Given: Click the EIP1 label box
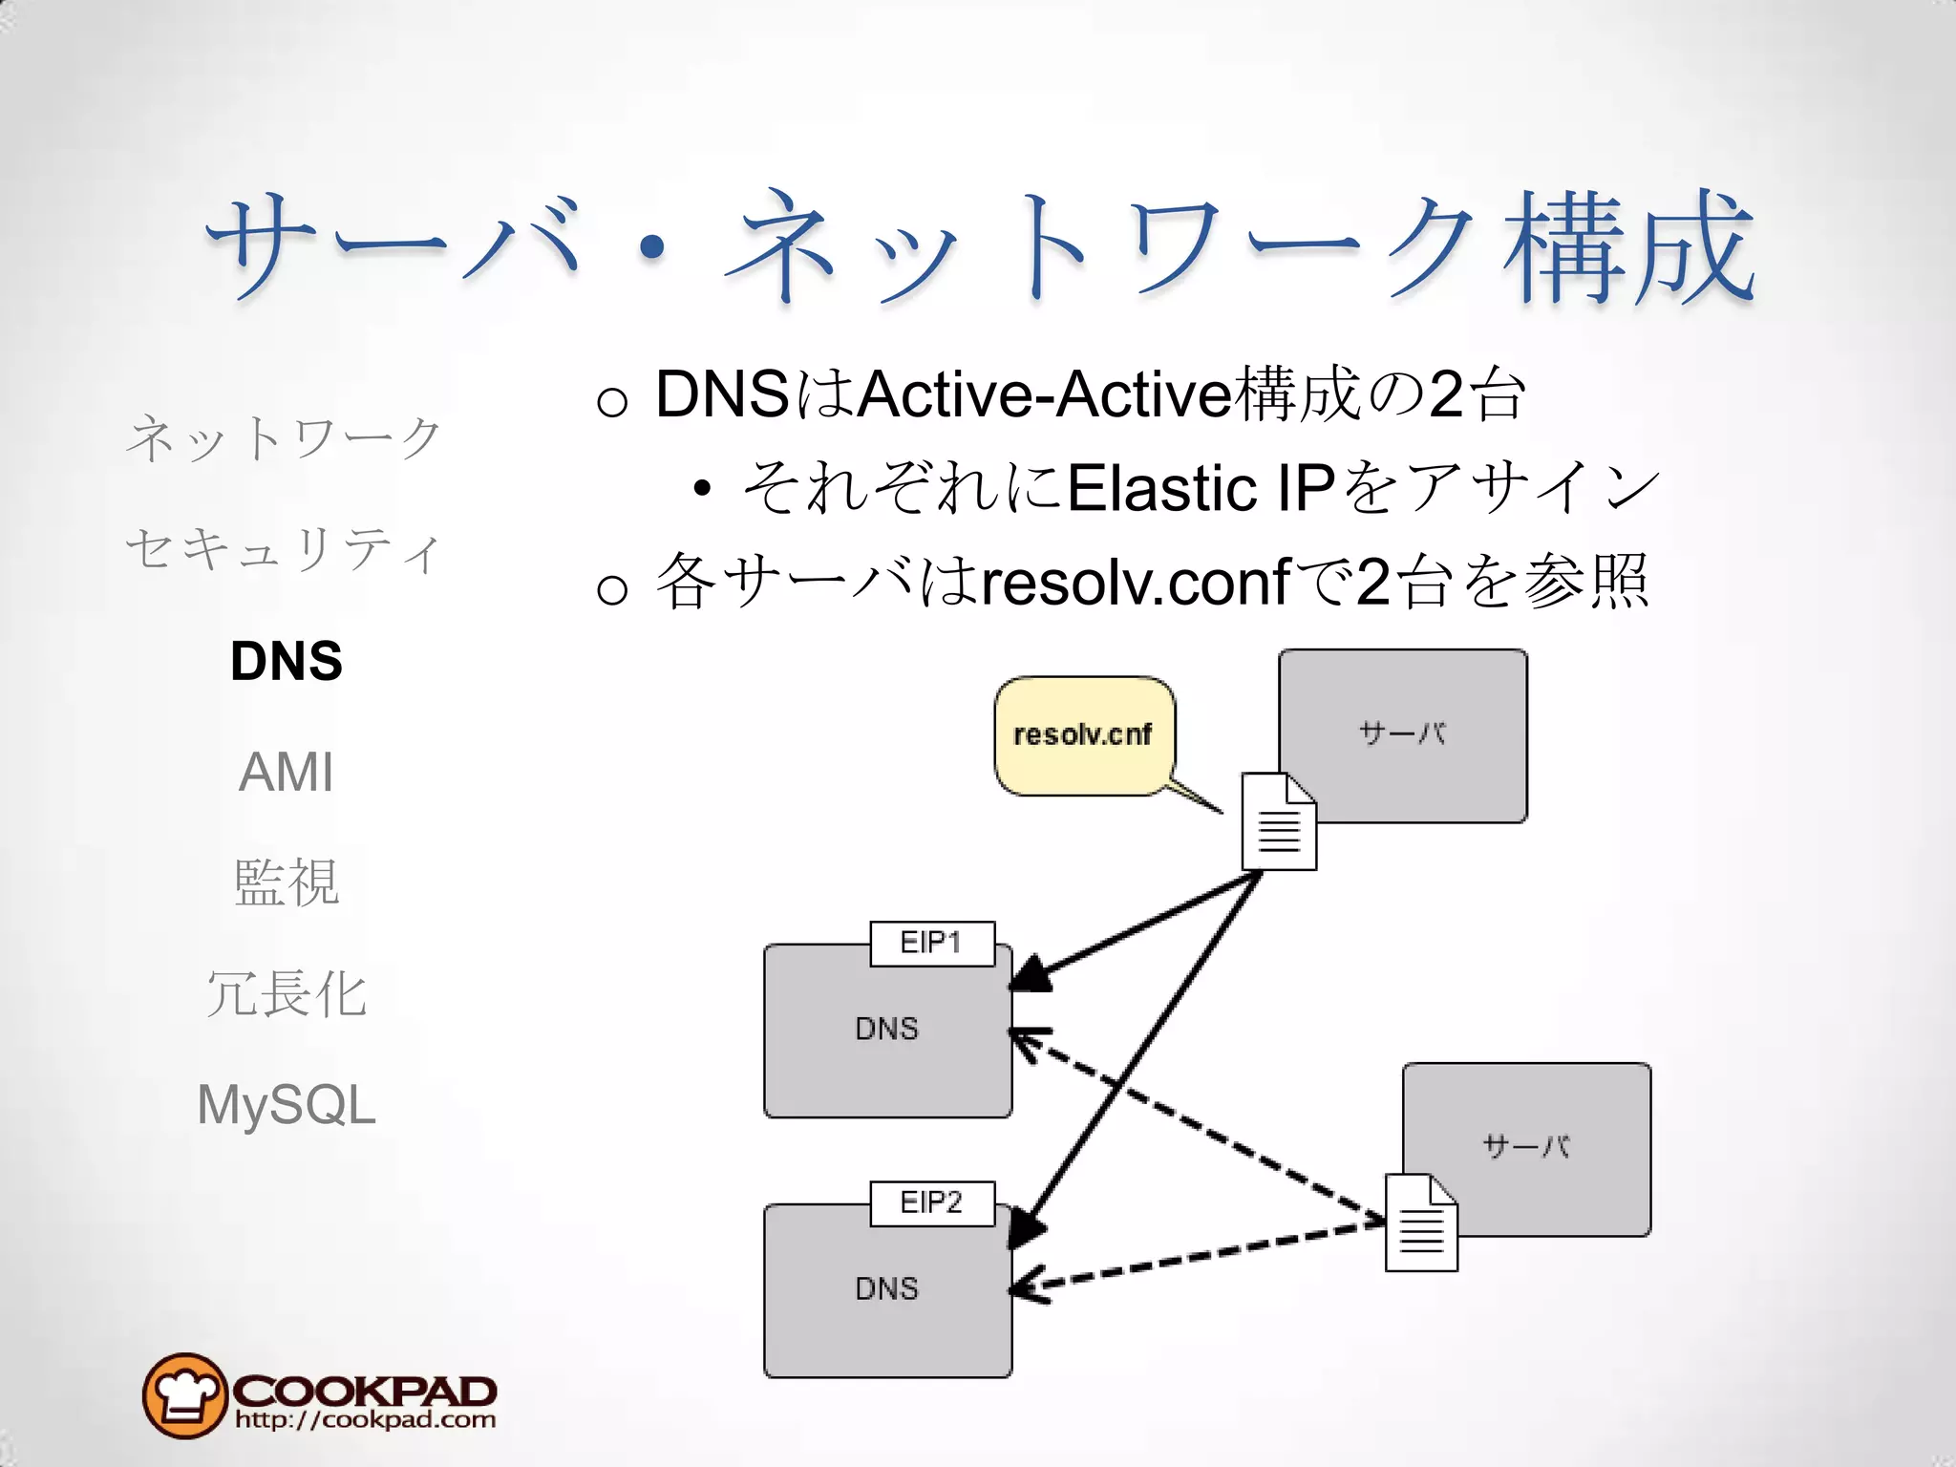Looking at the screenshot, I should [932, 944].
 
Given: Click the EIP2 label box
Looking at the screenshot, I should [932, 1203].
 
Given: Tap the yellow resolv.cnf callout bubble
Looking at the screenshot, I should [1084, 735].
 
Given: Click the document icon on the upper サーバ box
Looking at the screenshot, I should [1279, 822].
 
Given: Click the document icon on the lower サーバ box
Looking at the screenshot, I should [1421, 1223].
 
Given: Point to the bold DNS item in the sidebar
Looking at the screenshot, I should [287, 661].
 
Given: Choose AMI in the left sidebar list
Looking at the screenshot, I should [287, 772].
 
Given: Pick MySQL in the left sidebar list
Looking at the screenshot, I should [287, 1105].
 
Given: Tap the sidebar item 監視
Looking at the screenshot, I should [287, 882].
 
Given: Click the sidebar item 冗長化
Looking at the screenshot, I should [287, 994].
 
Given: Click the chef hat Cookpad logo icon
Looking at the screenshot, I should [184, 1395].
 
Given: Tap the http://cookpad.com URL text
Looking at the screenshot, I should [366, 1420].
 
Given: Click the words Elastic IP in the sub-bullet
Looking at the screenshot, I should [1201, 488].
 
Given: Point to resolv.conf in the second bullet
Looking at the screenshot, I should [1136, 583].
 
